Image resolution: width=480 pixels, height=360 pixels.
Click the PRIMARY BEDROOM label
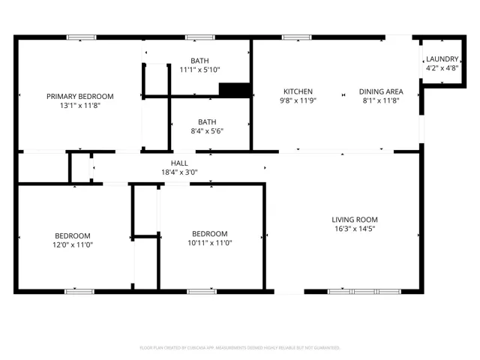coord(80,97)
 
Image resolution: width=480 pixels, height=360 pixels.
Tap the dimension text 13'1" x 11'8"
coord(80,106)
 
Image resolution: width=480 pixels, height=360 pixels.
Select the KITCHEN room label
coord(298,91)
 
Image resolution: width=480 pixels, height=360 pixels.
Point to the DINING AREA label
coord(381,91)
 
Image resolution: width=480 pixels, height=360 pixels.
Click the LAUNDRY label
coord(442,58)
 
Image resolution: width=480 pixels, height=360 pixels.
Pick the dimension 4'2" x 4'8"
coord(442,68)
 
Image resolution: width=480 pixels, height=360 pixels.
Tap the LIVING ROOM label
coord(355,220)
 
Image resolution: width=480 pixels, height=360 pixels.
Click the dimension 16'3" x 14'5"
coord(355,229)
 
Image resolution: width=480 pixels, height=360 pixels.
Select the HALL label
coord(179,163)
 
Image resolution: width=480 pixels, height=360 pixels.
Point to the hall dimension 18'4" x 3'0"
coord(179,172)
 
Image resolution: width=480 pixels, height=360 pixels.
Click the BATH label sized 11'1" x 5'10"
coord(199,61)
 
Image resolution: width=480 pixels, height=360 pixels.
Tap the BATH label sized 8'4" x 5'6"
coord(207,121)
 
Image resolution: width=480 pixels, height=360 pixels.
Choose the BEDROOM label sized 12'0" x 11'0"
coord(73,235)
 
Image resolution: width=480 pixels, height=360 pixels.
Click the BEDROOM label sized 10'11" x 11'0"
coord(210,233)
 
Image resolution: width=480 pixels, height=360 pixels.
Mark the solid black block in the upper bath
coord(235,90)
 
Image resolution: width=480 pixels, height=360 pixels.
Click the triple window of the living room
coord(364,292)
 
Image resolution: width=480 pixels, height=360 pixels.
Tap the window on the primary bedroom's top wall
coord(82,37)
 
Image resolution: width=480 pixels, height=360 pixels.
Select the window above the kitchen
coord(297,37)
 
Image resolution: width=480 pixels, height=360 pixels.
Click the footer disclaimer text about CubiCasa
coord(240,348)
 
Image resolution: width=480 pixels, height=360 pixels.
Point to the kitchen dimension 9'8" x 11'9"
coord(298,100)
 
